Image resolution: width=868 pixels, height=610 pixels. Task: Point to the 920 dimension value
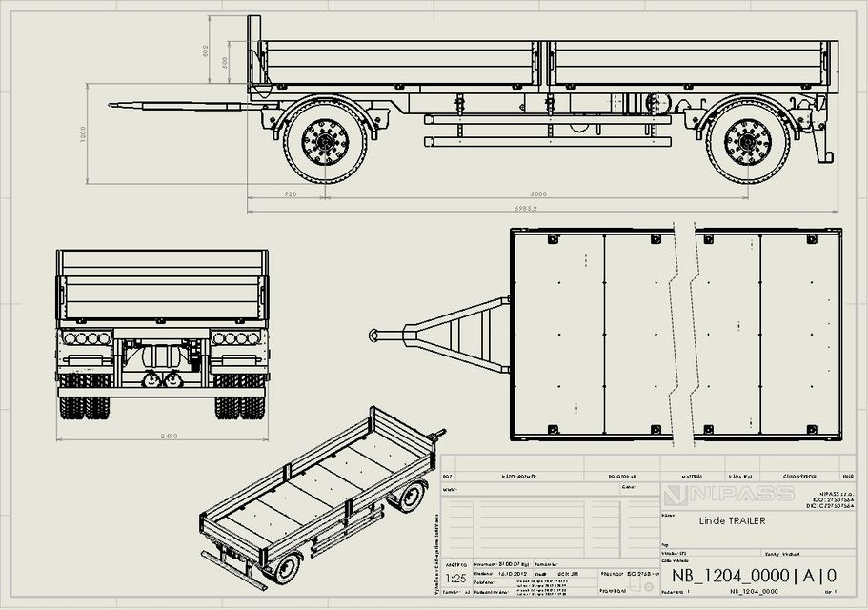click(x=290, y=193)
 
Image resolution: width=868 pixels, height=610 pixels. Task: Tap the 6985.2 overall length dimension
click(x=526, y=207)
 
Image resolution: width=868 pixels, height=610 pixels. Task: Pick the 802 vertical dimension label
click(x=206, y=51)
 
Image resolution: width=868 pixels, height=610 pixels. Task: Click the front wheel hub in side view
click(x=325, y=142)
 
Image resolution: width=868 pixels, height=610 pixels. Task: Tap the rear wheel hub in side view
click(x=748, y=142)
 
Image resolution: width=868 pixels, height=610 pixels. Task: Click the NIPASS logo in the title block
click(x=728, y=494)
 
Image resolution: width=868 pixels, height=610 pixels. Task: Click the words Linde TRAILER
click(x=732, y=521)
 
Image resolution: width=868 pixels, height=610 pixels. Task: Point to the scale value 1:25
click(x=456, y=578)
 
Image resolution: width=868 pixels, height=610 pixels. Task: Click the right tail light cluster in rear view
click(x=236, y=338)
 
